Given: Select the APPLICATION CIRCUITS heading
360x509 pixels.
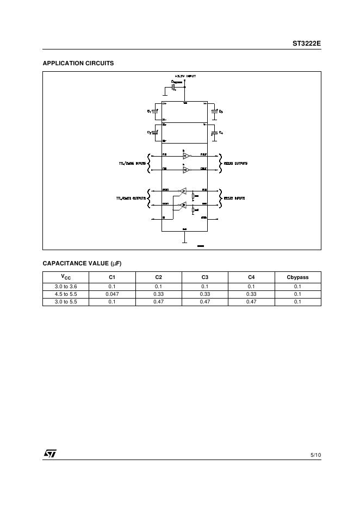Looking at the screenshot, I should pyautogui.click(x=78, y=63).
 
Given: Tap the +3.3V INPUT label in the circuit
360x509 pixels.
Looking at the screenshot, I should pyautogui.click(x=185, y=76).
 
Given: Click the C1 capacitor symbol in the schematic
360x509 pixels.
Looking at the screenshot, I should pyautogui.click(x=155, y=111).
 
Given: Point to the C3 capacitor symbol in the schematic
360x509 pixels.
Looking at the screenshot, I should pyautogui.click(x=215, y=111).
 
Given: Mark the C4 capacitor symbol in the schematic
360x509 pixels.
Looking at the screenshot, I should pyautogui.click(x=215, y=132).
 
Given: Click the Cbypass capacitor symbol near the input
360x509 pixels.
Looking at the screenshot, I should pyautogui.click(x=173, y=86).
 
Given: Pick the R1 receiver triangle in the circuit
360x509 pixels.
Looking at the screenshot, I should pyautogui.click(x=184, y=191).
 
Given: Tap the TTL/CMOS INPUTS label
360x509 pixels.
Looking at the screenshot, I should pyautogui.click(x=132, y=163).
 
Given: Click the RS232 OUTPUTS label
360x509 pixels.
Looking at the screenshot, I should pyautogui.click(x=236, y=163).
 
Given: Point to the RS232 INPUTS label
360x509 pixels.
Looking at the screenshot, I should pyautogui.click(x=234, y=198).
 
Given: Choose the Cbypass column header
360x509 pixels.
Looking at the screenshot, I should pyautogui.click(x=297, y=277).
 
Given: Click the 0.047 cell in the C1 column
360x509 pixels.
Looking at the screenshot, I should pyautogui.click(x=112, y=294).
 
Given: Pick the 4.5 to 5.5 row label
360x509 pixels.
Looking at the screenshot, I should pyautogui.click(x=66, y=294).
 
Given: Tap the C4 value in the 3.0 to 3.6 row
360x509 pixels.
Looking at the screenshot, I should pyautogui.click(x=251, y=287).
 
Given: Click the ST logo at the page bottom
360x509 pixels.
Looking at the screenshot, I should pyautogui.click(x=50, y=454).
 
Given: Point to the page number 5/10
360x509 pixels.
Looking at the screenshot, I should pyautogui.click(x=315, y=454).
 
